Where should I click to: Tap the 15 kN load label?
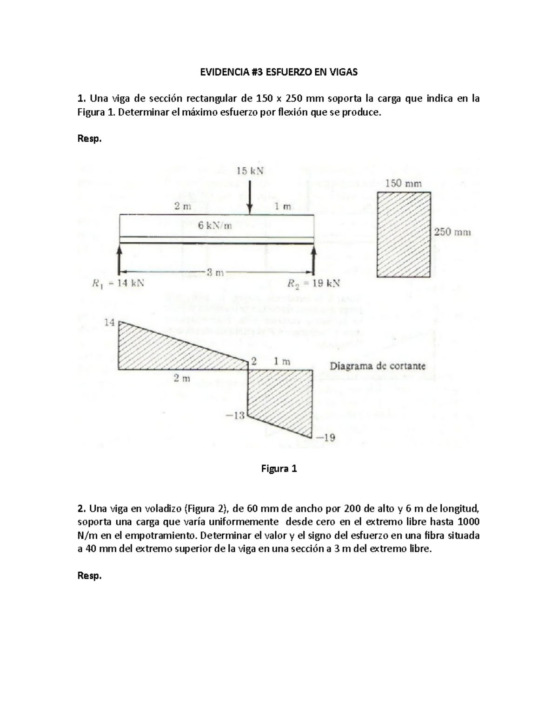coord(250,171)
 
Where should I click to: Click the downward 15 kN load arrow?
coord(250,195)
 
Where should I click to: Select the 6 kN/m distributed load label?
coord(215,226)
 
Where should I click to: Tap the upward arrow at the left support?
coord(120,260)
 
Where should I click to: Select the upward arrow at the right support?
coord(313,260)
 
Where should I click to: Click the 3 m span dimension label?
coord(215,273)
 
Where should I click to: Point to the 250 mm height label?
coord(452,232)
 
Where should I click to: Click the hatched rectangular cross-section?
coord(404,235)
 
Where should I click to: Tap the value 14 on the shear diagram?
coord(109,322)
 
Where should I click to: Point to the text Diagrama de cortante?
coord(377,366)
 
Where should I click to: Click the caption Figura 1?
coord(279,469)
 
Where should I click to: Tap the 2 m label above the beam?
coord(182,207)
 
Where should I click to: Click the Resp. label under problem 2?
coord(89,576)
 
